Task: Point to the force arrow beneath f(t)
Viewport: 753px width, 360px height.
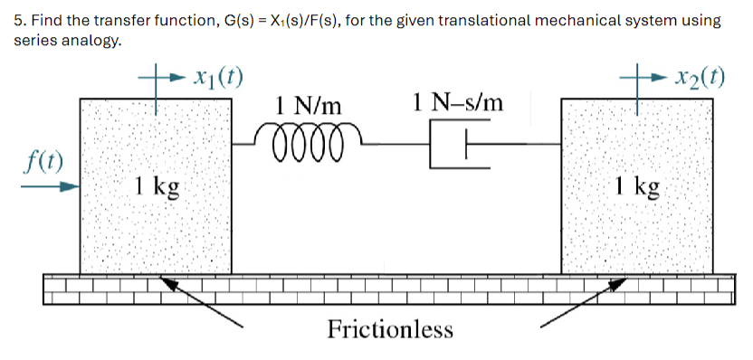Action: tap(51, 187)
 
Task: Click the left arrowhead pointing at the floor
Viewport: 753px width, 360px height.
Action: tap(168, 283)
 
